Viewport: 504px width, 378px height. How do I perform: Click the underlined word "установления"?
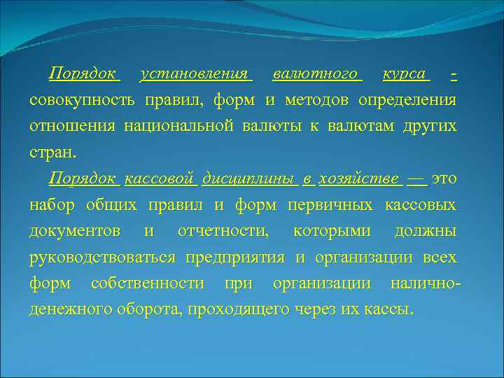pyautogui.click(x=194, y=73)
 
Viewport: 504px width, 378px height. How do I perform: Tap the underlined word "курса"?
pyautogui.click(x=405, y=73)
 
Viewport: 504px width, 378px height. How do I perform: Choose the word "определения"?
pyautogui.click(x=407, y=100)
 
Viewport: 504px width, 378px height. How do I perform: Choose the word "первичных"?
pyautogui.click(x=332, y=205)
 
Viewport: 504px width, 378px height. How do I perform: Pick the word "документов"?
pyautogui.click(x=74, y=232)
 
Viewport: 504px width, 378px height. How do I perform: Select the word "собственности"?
pyautogui.click(x=147, y=284)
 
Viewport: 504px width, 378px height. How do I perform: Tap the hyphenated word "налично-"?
pyautogui.click(x=426, y=284)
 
